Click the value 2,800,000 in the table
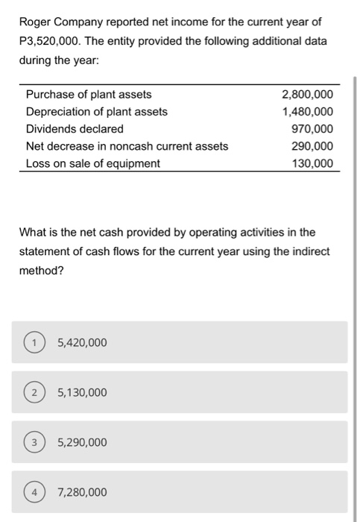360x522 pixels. click(308, 95)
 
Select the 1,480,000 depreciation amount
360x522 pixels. click(308, 112)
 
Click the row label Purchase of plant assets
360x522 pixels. click(89, 95)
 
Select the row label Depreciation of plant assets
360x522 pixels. click(97, 112)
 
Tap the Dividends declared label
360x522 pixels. click(75, 129)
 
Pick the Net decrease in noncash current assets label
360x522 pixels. click(127, 146)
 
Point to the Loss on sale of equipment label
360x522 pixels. click(93, 163)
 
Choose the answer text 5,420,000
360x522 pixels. click(82, 343)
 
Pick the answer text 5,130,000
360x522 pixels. click(82, 393)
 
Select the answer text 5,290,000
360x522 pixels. click(82, 443)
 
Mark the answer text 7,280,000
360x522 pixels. click(82, 493)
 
